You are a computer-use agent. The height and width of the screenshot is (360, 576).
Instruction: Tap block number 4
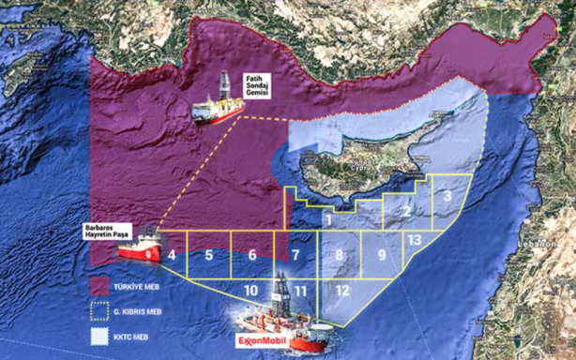click(173, 255)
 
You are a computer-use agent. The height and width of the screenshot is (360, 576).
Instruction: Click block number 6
click(252, 255)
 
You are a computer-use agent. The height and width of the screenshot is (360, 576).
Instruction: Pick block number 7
click(295, 255)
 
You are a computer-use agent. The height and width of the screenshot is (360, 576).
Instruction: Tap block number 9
click(383, 255)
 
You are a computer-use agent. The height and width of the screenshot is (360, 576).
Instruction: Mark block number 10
click(250, 291)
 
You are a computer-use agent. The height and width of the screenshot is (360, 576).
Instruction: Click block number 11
click(299, 291)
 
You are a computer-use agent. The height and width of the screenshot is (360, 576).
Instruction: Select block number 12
click(342, 291)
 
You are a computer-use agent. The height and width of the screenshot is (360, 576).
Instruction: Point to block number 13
click(415, 240)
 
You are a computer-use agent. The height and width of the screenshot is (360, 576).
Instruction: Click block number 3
click(449, 195)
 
